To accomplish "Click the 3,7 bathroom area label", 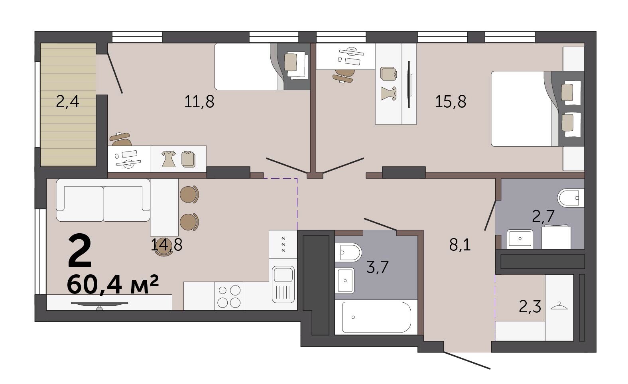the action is click(x=377, y=267).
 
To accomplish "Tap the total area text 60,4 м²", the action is click(x=113, y=284).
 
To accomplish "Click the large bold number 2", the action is click(x=80, y=251).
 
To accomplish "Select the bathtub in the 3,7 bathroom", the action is click(x=376, y=317).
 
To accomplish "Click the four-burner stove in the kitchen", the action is click(x=229, y=296).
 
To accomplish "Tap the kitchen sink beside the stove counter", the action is click(x=283, y=284).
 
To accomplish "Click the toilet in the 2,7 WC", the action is click(x=571, y=198).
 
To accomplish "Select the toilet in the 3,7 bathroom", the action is click(x=348, y=252).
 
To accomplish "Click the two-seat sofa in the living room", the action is click(x=103, y=200).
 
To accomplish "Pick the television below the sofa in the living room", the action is click(x=100, y=305).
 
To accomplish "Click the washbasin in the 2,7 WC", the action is click(x=520, y=239).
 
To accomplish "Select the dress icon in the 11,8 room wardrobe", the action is click(x=169, y=159).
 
